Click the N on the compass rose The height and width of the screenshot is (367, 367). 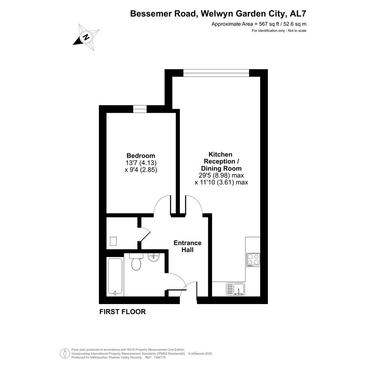point(87,37)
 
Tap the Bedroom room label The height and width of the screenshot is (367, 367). point(141,156)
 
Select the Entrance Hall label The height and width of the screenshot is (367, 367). point(188,246)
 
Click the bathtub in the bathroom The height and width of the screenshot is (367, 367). point(115,277)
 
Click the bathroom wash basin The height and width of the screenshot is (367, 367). point(153,257)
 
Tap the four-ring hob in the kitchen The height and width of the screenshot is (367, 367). point(253,260)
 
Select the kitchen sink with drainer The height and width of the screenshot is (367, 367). point(235,289)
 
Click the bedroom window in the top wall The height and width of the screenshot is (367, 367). point(140,109)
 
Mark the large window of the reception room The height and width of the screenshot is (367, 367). point(216,73)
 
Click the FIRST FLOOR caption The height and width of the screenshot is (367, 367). point(122,311)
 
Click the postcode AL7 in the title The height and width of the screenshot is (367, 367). point(298,14)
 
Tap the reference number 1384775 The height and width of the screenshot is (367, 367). point(159,357)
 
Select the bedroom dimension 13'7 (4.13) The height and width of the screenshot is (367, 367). point(141,162)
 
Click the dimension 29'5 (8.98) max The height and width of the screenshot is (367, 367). point(221,175)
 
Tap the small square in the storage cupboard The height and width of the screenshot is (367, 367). point(113,241)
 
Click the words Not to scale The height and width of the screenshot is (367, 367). point(297,31)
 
